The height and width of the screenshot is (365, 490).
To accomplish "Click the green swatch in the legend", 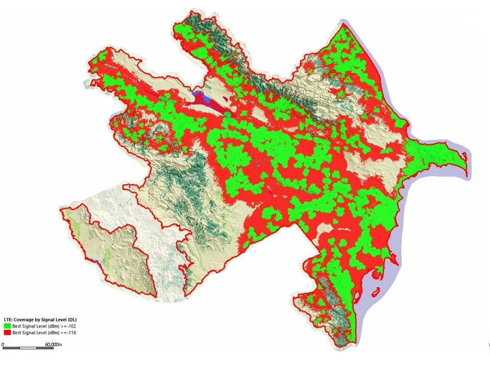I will (x=7, y=325).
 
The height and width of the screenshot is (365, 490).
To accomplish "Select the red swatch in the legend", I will (x=7, y=332).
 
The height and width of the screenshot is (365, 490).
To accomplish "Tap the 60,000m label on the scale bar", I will (x=53, y=345).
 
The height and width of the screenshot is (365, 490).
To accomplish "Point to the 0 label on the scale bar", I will (x=3, y=345).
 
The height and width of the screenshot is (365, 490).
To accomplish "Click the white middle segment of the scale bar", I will (x=27, y=348).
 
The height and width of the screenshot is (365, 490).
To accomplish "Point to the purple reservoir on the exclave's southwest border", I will (x=93, y=262).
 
